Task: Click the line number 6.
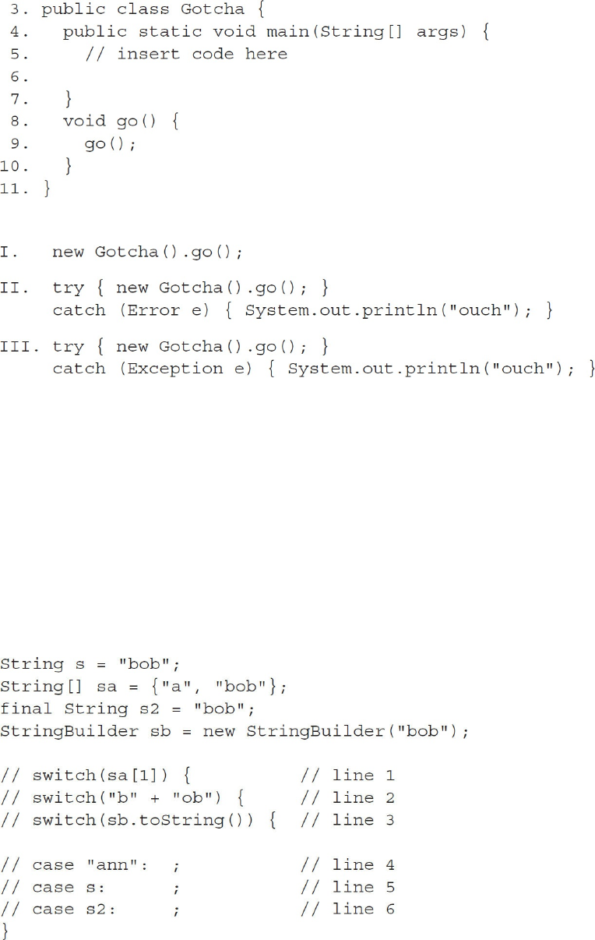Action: point(20,77)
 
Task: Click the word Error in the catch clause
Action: point(154,310)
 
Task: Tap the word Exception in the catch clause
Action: point(175,369)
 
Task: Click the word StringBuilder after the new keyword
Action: point(306,732)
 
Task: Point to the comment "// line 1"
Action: point(347,776)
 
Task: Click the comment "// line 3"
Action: point(347,820)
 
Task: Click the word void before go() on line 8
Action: point(84,122)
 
